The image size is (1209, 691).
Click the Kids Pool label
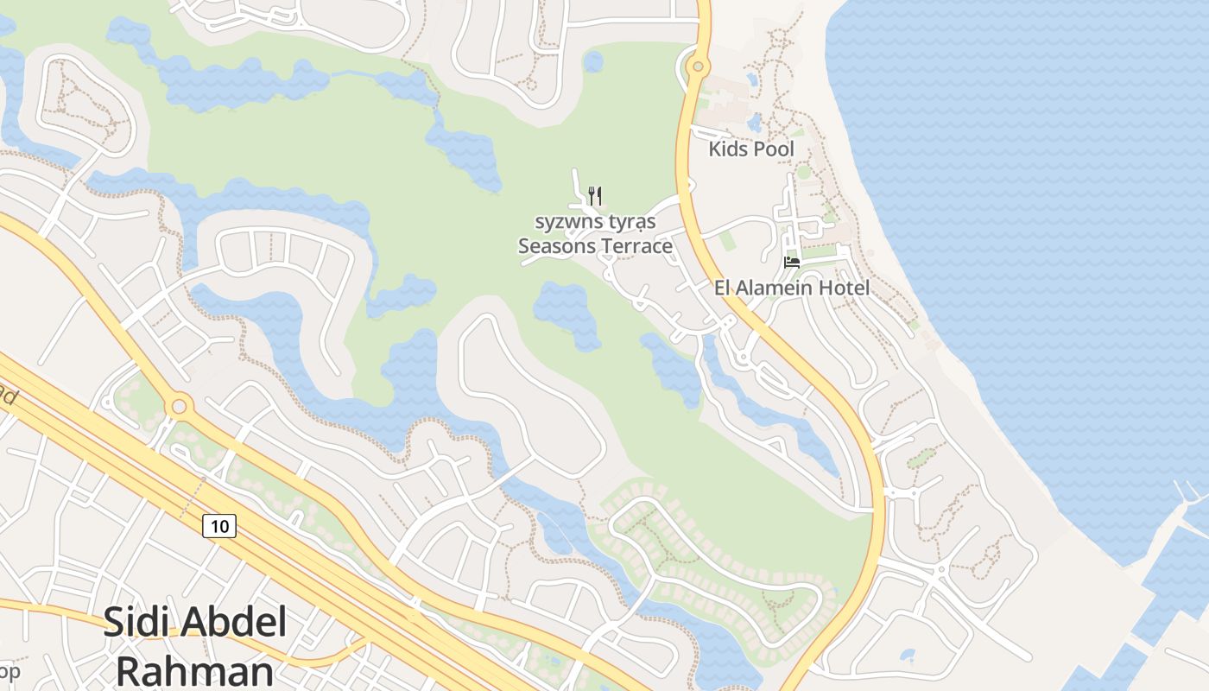coord(751,149)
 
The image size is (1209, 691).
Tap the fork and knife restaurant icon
coord(594,195)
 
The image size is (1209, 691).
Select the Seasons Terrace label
coord(595,246)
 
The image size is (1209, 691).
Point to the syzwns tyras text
coord(595,222)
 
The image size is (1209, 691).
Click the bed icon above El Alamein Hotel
coord(791,263)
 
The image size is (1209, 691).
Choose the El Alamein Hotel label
coord(792,288)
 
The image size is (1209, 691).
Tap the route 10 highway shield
coord(220,525)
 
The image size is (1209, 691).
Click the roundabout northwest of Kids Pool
coord(697,66)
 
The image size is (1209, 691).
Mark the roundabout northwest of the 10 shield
coord(179,404)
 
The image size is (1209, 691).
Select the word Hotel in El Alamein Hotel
coord(845,288)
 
